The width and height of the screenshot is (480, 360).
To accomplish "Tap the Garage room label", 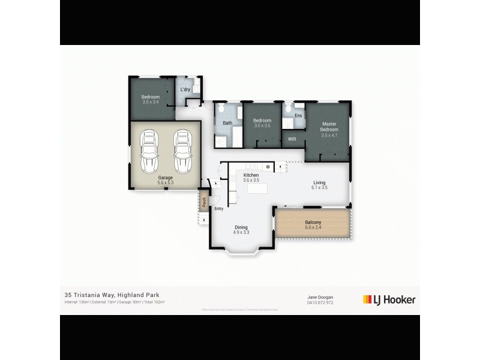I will [166, 178].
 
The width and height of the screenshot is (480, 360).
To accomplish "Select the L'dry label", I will [185, 90].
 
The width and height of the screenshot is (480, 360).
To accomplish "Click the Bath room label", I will [227, 124].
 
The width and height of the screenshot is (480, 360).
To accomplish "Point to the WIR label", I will [292, 139].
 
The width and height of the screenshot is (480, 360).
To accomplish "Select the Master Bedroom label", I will [329, 127].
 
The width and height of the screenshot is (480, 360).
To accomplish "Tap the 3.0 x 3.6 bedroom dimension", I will [262, 125].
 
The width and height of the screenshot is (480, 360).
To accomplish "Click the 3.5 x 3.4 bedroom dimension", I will [151, 103].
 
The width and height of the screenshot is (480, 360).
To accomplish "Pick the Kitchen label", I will [251, 175].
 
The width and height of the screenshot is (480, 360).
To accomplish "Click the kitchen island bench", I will [257, 188].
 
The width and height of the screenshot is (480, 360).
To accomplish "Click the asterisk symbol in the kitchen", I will [268, 166].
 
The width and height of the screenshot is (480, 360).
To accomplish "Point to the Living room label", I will [319, 182].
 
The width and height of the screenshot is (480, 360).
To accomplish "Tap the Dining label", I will [241, 227].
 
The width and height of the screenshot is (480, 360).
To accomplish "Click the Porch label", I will [204, 203].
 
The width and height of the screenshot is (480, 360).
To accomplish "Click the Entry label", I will [218, 209].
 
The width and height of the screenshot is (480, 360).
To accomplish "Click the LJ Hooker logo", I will [389, 299].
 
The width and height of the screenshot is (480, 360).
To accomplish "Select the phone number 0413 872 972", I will [320, 302].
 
